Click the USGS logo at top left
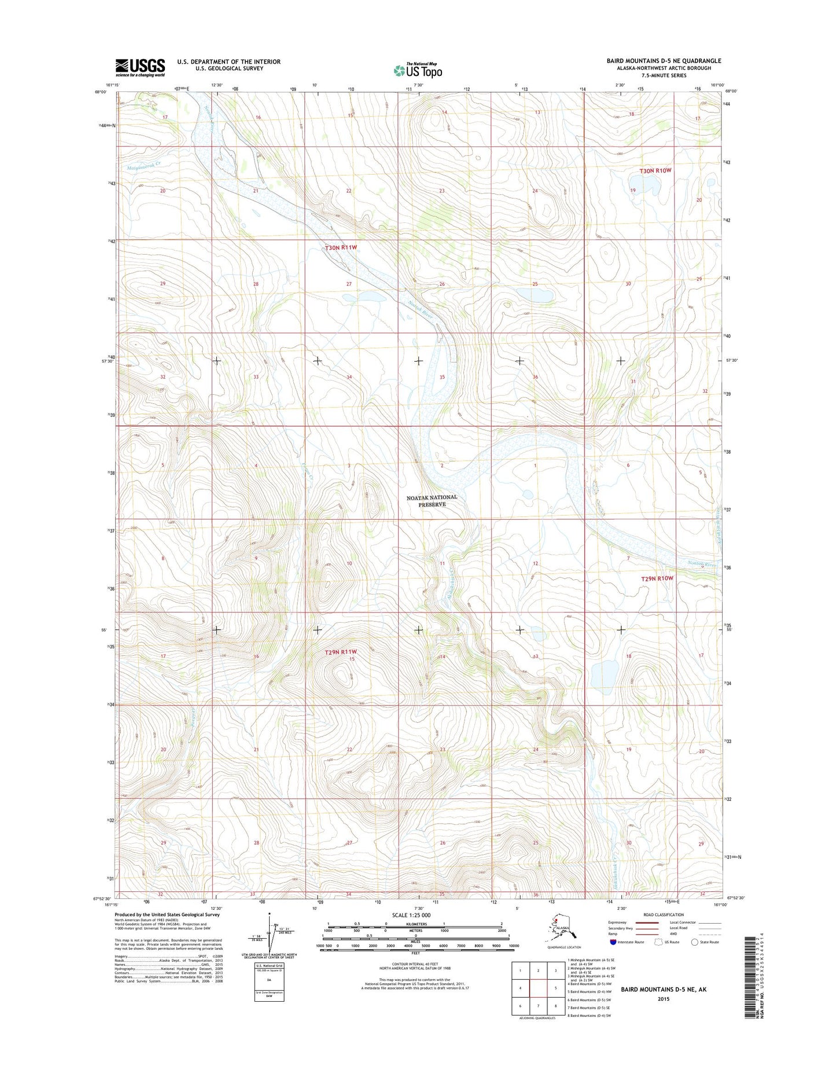click(x=140, y=67)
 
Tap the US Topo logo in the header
click(x=418, y=70)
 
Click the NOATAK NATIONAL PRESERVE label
click(x=432, y=501)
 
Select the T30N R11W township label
click(x=341, y=248)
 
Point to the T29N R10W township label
click(x=657, y=578)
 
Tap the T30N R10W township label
click(x=656, y=171)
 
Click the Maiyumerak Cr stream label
click(x=143, y=165)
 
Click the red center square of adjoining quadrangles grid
click(x=538, y=988)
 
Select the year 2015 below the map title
click(x=663, y=998)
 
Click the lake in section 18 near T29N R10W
click(x=604, y=673)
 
